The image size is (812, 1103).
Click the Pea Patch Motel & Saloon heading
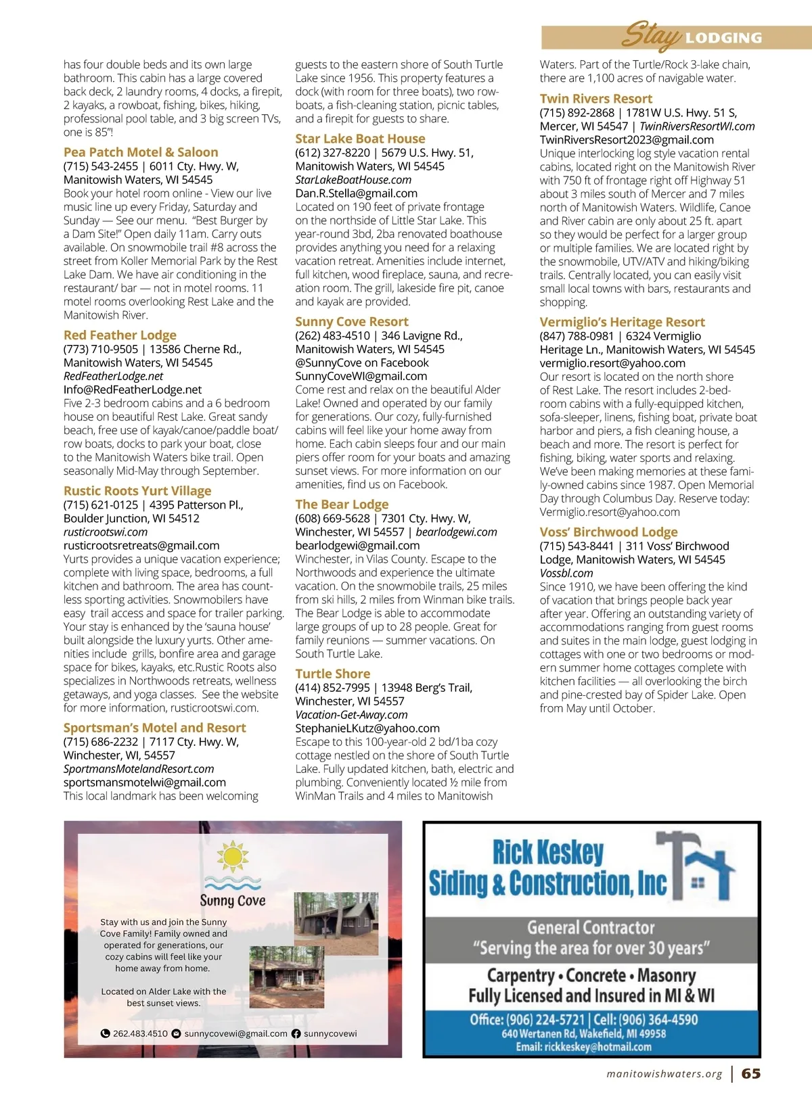coord(141,152)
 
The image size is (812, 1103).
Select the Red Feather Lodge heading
coord(120,335)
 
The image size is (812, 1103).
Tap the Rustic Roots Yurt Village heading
coord(137,490)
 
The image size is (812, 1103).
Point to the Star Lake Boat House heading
coord(360,138)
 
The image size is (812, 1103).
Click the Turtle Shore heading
coord(332,674)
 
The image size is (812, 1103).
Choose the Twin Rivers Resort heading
coord(595,99)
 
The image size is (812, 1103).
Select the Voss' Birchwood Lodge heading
coord(608,532)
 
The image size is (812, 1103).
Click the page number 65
coord(750,1073)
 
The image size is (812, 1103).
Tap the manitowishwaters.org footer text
coord(664,1074)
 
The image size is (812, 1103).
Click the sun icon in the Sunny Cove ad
coord(233,857)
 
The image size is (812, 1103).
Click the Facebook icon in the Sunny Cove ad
coord(296,1033)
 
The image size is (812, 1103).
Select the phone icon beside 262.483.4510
coord(105,1033)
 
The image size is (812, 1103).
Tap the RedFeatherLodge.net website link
coord(113,376)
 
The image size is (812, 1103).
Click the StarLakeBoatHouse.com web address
coord(353,180)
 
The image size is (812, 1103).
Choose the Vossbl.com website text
coord(566,573)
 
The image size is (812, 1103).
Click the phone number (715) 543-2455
coord(100,166)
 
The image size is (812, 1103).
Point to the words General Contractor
coord(591,928)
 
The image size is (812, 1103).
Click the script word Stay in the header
coord(650,34)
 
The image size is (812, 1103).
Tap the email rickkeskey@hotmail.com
coord(583,1047)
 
